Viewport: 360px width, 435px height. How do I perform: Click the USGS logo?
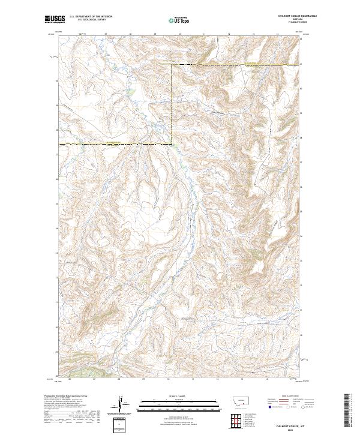(x=53, y=20)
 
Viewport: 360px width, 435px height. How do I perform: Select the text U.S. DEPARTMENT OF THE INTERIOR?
(x=91, y=17)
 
